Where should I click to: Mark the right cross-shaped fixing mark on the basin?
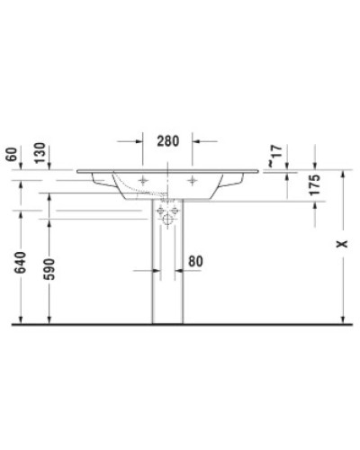click(193, 178)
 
